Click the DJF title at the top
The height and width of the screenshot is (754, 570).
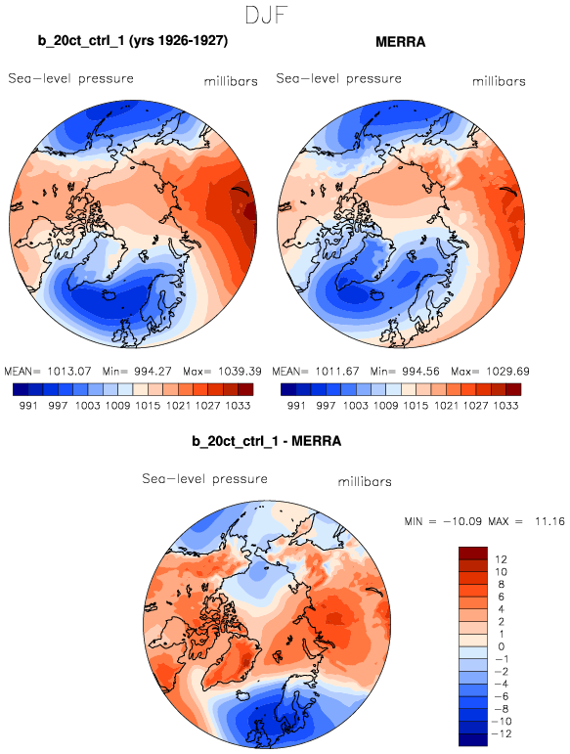[x=266, y=15]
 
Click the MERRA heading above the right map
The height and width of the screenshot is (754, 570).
[x=400, y=42]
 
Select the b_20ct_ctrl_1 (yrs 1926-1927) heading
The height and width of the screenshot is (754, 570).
[x=133, y=40]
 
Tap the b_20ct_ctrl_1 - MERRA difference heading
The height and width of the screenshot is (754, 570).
[x=266, y=441]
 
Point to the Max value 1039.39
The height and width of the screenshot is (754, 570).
[x=240, y=372]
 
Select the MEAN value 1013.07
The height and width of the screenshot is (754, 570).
[x=68, y=372]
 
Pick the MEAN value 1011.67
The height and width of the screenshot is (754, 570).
[x=337, y=372]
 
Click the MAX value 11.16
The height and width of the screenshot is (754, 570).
[x=549, y=521]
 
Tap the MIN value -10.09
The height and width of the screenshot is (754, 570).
[x=462, y=521]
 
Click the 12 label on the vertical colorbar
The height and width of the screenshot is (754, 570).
[x=501, y=559]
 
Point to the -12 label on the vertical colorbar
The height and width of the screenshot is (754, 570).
[x=503, y=733]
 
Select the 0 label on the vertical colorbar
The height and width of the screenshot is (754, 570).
[x=502, y=646]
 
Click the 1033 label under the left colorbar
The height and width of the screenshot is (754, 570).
[x=238, y=406]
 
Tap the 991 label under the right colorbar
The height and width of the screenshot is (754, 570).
[x=296, y=406]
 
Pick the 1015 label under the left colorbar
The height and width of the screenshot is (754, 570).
[x=148, y=406]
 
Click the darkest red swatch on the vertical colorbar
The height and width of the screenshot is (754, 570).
[x=473, y=553]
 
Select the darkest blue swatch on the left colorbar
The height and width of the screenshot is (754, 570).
[x=21, y=389]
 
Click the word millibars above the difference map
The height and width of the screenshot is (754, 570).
[x=365, y=482]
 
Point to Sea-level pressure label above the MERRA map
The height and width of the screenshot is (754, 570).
[x=338, y=78]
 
